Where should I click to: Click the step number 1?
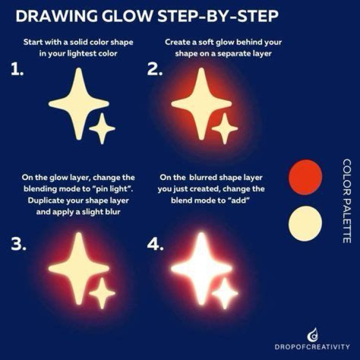click(x=17, y=69)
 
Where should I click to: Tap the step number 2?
click(x=154, y=69)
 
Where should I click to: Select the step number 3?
click(x=18, y=244)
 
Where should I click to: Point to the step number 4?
click(x=155, y=244)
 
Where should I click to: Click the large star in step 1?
click(x=79, y=103)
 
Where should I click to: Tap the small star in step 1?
click(x=102, y=128)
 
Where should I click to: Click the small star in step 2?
click(x=225, y=128)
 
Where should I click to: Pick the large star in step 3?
click(x=79, y=268)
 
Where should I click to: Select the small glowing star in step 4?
click(x=225, y=293)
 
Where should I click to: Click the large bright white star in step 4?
click(x=201, y=268)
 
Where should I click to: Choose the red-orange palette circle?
click(x=305, y=177)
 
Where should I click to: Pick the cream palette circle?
click(x=305, y=223)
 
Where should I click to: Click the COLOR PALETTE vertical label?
click(x=346, y=201)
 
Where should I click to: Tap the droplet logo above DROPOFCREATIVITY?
click(x=313, y=334)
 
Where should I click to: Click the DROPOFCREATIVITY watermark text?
click(x=312, y=346)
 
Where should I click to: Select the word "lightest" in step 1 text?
click(x=81, y=53)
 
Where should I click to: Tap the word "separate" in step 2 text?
click(x=231, y=54)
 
